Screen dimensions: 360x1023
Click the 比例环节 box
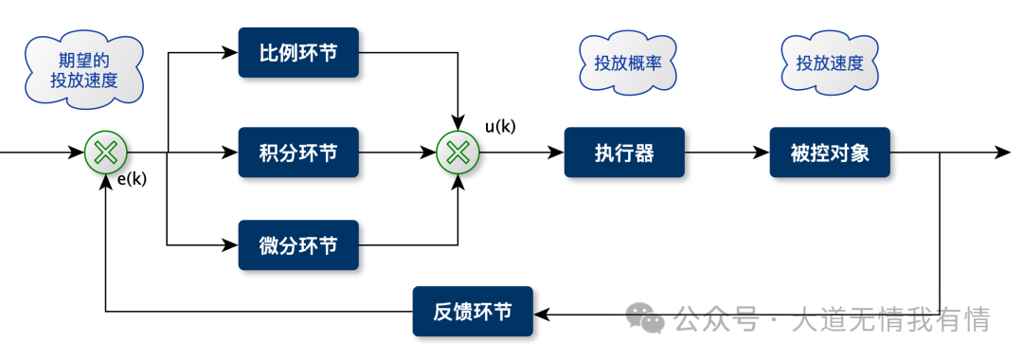click(x=298, y=53)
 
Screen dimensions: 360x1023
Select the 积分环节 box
click(x=298, y=152)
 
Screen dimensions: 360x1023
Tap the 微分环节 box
click(x=298, y=245)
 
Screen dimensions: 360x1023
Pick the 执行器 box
click(x=624, y=152)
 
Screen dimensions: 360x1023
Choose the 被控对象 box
click(x=831, y=152)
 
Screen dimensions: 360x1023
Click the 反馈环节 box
click(x=473, y=311)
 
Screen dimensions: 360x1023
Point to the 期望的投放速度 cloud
click(x=84, y=69)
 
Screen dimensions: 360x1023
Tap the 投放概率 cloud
click(x=627, y=64)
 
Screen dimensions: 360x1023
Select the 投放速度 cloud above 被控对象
click(x=830, y=64)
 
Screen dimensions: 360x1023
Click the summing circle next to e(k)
click(x=106, y=152)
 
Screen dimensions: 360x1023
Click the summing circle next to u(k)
click(x=458, y=152)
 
